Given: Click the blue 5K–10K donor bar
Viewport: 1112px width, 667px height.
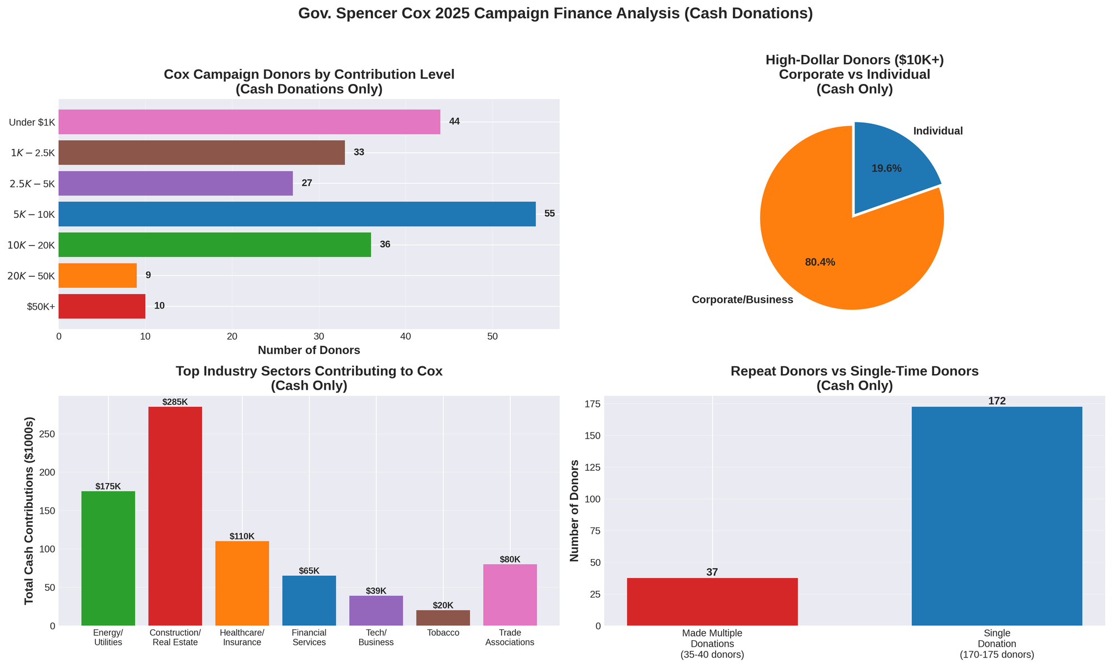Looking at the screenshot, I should (297, 214).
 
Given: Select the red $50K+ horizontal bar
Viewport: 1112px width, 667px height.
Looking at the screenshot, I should (102, 306).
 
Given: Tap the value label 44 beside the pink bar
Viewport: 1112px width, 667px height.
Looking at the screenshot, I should (454, 122).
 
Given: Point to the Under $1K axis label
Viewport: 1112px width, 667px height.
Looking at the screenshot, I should (32, 122).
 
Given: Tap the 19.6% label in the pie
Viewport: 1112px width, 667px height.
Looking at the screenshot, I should (886, 168).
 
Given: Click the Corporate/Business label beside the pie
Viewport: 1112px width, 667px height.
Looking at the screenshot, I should (742, 300).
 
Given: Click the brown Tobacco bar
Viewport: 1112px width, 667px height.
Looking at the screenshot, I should (443, 618).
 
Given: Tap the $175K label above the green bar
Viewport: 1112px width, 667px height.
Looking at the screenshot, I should (108, 486).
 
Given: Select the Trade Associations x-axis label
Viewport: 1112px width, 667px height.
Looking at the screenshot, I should (510, 638).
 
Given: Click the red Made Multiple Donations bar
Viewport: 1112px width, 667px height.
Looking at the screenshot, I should (712, 601).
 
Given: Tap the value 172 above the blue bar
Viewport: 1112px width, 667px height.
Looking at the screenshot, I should (997, 401).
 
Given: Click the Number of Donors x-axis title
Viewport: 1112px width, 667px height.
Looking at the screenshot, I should (309, 351).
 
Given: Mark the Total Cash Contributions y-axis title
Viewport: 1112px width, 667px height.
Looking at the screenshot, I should (29, 510).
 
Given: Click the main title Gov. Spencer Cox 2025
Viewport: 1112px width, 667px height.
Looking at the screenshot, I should (555, 14).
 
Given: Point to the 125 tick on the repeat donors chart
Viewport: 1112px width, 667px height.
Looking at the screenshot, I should (594, 467).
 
